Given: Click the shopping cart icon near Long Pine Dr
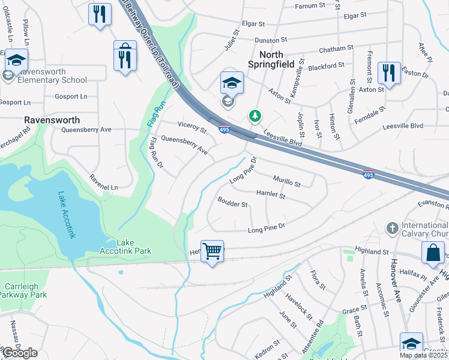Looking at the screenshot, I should coord(212,251).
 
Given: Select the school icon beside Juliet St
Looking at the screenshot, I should coord(232,83).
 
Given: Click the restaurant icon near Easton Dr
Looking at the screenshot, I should coord(389,74).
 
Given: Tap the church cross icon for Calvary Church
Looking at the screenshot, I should coord(392,229).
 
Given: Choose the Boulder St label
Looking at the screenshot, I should coord(233,204).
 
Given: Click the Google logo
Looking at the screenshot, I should coord(20,353).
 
